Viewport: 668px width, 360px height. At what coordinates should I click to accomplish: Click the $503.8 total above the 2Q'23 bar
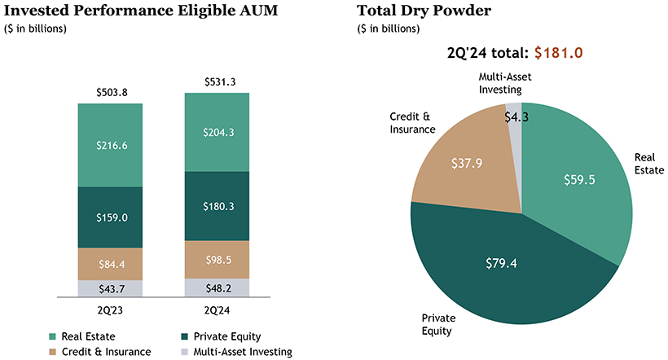(110, 92)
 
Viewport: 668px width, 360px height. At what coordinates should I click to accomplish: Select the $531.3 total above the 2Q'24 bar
(218, 81)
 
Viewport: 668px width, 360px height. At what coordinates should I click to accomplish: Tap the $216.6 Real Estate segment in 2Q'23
(110, 146)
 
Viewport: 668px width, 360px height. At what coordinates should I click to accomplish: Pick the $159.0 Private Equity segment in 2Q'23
(110, 218)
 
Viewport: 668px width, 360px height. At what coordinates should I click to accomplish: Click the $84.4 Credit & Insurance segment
(110, 263)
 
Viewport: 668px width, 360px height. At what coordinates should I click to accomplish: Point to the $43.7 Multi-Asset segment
(110, 288)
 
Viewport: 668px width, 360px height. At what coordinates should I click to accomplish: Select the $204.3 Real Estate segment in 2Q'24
(218, 132)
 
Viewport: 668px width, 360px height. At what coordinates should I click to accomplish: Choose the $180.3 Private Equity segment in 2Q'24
(218, 206)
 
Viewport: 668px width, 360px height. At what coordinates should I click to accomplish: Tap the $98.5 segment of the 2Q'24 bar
(218, 260)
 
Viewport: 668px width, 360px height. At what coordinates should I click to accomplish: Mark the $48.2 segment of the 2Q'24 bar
(218, 288)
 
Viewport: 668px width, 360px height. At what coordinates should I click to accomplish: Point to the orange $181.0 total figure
(559, 53)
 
